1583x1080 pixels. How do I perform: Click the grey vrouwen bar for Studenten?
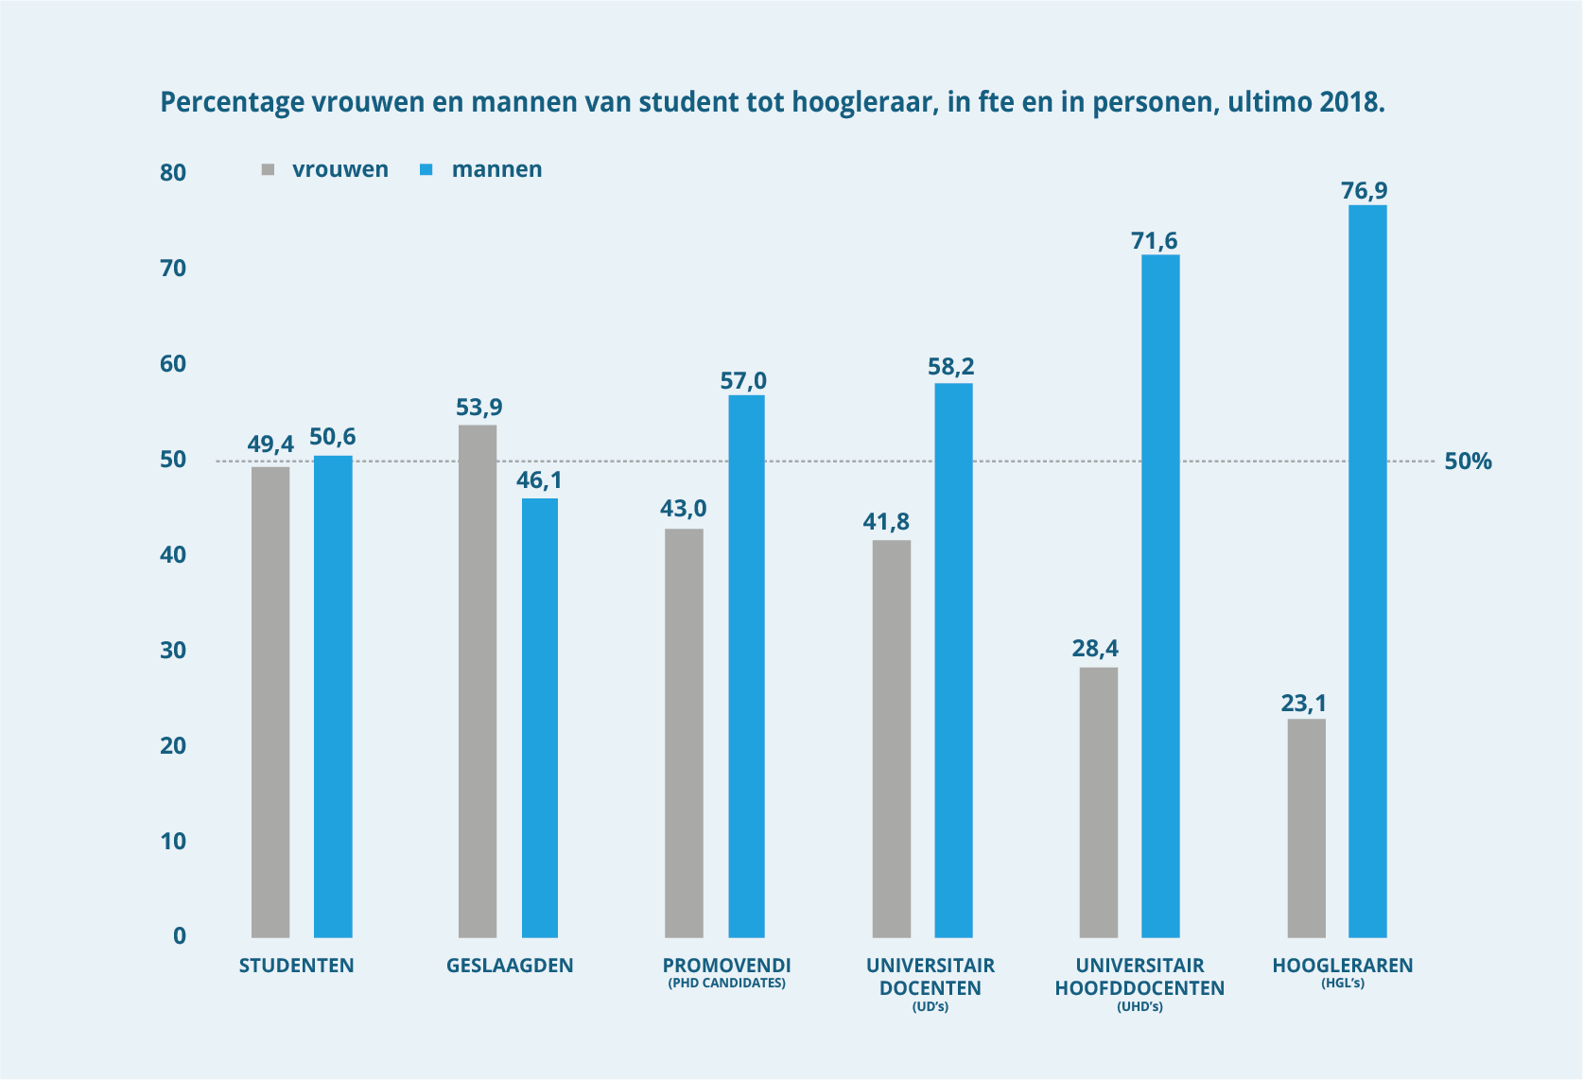[x=270, y=702]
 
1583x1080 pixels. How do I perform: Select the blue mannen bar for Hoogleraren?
[x=1367, y=571]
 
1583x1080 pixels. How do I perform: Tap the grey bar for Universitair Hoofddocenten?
[x=1098, y=802]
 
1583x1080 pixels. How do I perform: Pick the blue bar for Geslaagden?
[x=540, y=718]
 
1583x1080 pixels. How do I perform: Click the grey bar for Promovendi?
[x=684, y=733]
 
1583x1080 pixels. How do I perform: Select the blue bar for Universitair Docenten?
[x=953, y=660]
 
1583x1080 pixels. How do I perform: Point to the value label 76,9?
[x=1364, y=191]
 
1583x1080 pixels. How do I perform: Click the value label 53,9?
[x=479, y=408]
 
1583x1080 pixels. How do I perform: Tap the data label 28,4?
[x=1095, y=648]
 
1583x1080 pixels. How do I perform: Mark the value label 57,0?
[x=743, y=381]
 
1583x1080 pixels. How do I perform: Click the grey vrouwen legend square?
[x=268, y=170]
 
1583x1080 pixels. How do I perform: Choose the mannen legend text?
[x=496, y=169]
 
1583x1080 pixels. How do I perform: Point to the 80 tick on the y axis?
[x=173, y=172]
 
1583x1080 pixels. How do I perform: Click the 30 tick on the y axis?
[x=173, y=651]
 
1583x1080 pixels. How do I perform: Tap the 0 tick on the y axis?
[x=179, y=936]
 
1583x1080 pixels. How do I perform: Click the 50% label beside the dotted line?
[x=1468, y=462]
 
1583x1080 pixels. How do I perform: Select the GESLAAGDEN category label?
[x=510, y=966]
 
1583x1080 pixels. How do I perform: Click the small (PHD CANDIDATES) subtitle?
[x=726, y=984]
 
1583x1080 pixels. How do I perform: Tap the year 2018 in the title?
[x=1351, y=102]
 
